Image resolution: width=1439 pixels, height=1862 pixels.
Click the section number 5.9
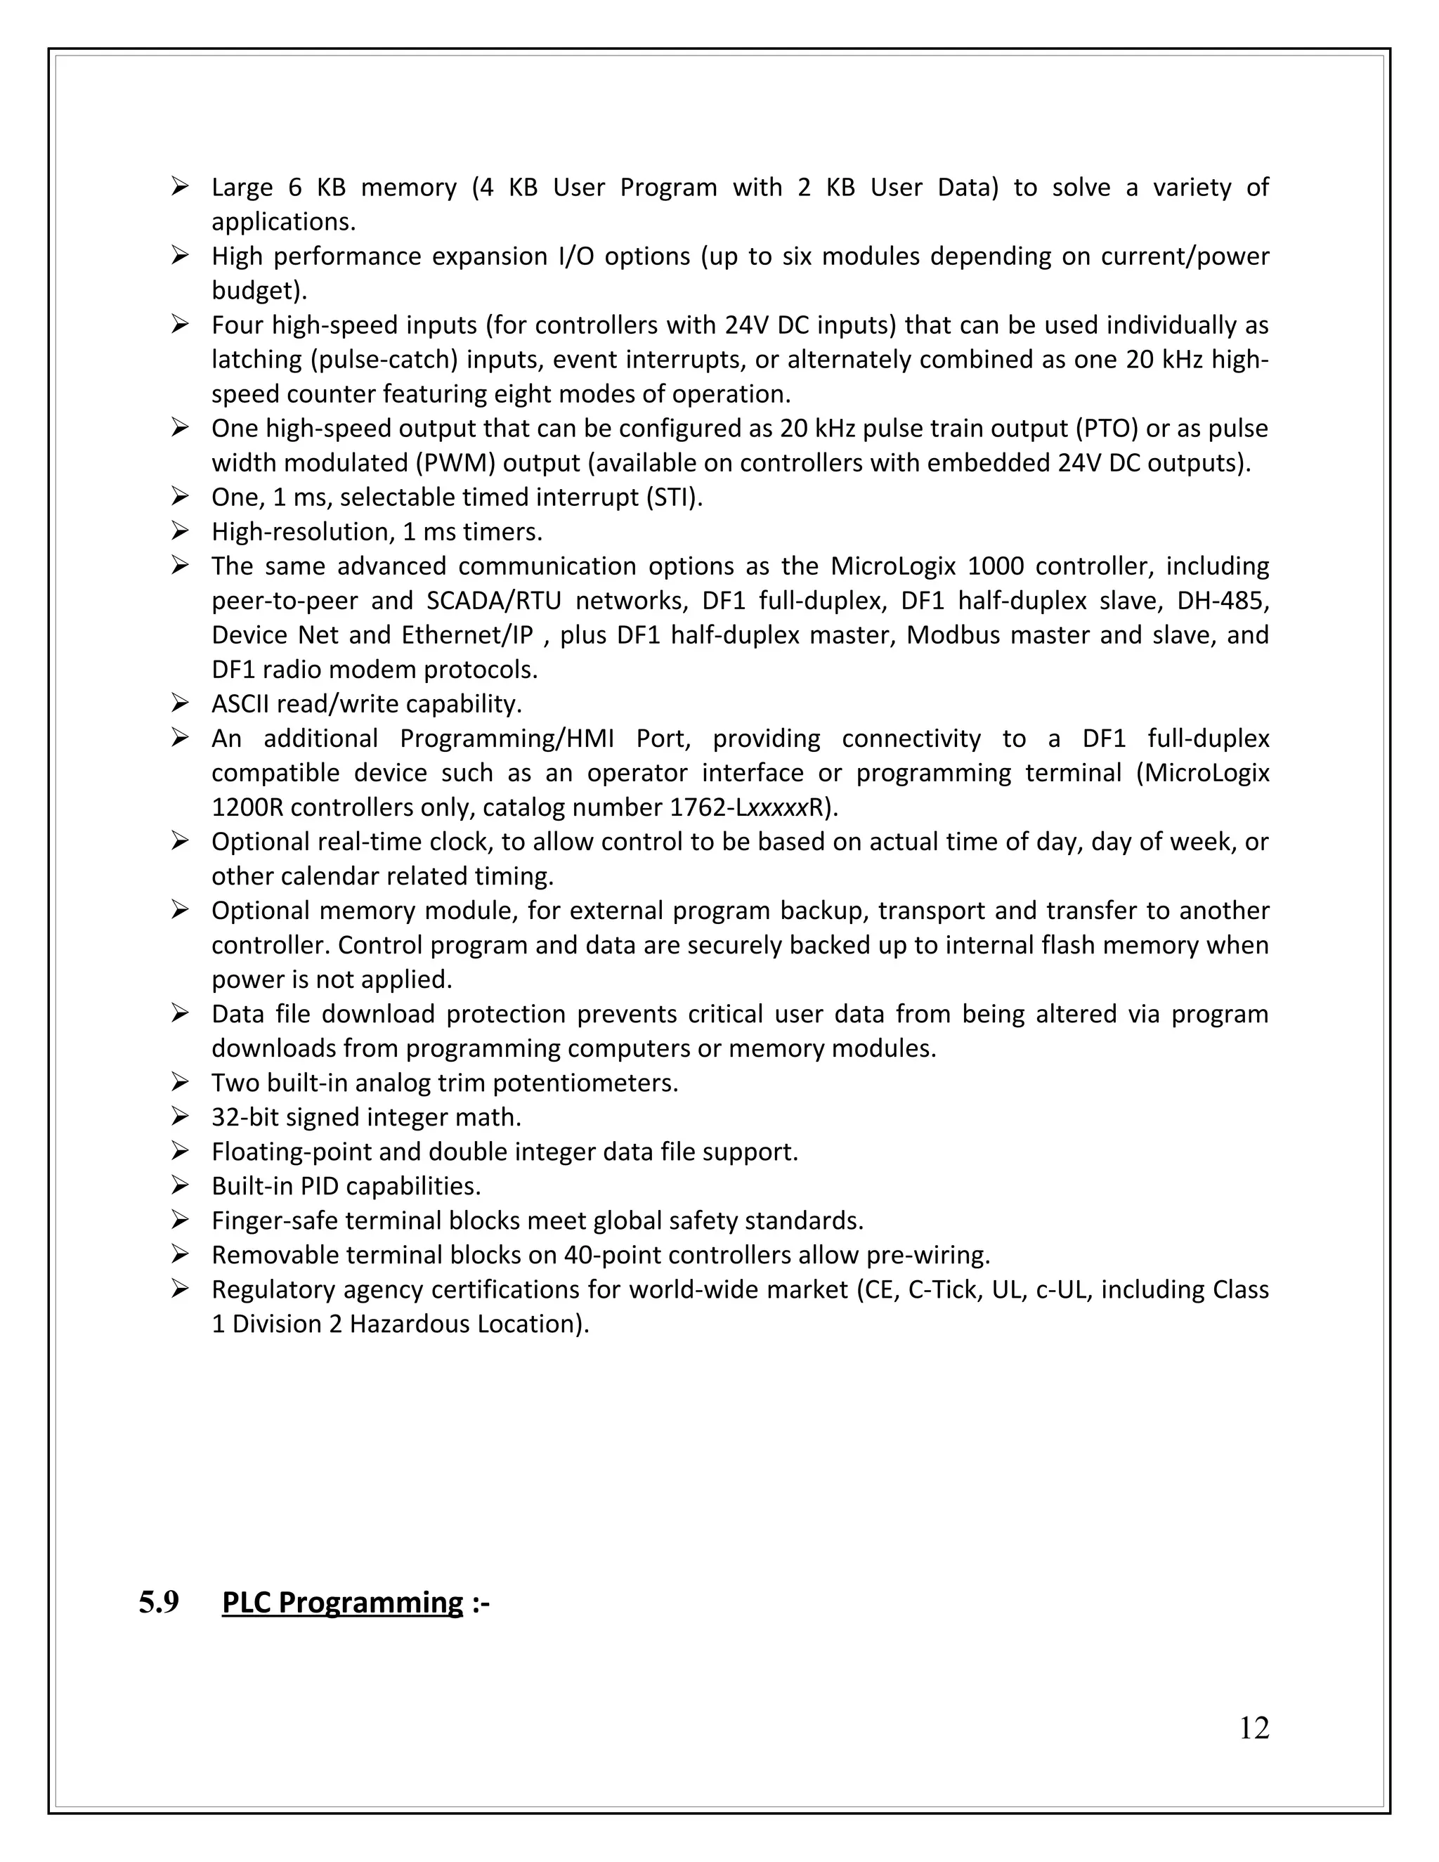click(x=159, y=1603)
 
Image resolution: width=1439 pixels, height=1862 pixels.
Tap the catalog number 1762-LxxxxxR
click(x=751, y=807)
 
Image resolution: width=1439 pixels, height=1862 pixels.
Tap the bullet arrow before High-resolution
click(x=179, y=531)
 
